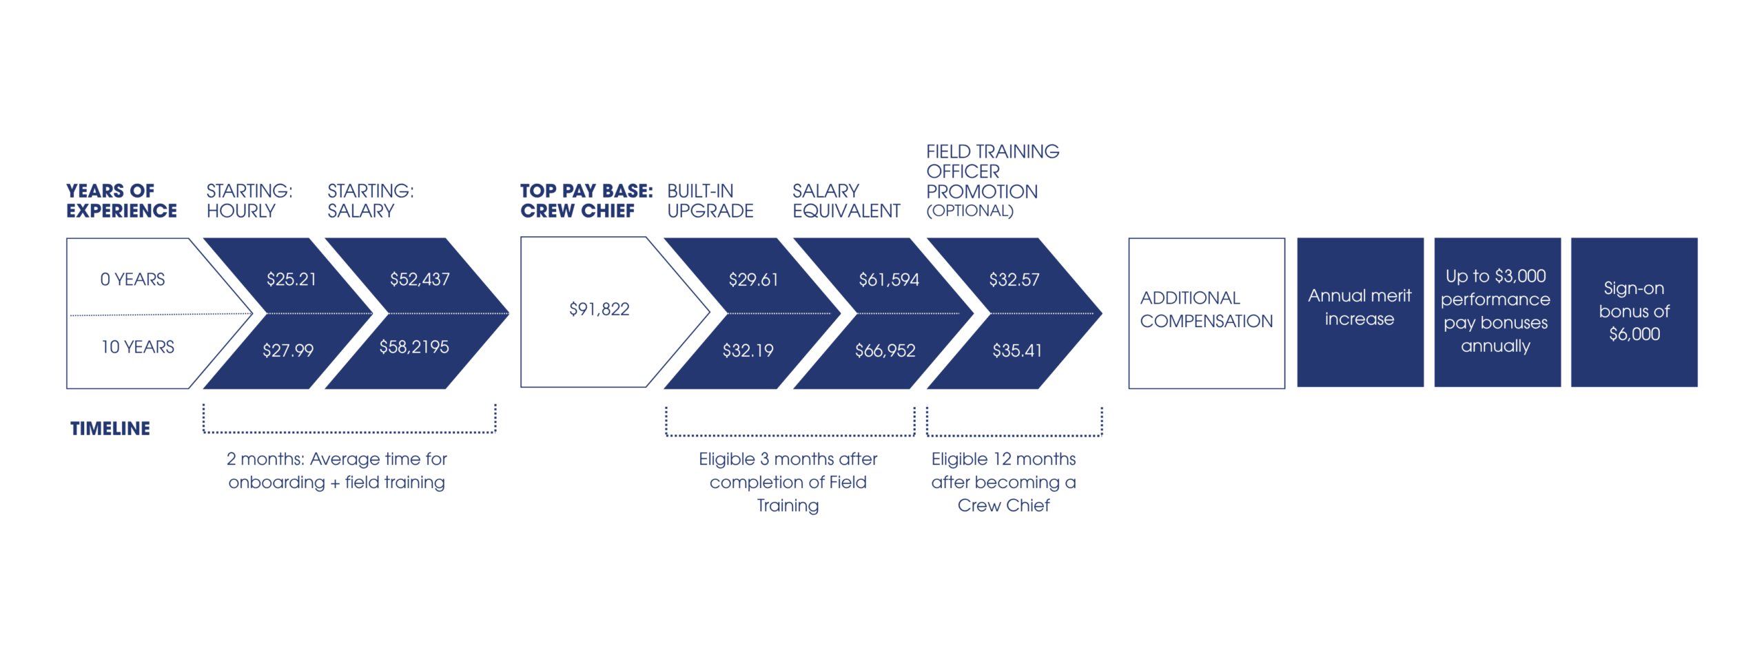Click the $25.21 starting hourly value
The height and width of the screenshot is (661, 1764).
click(291, 279)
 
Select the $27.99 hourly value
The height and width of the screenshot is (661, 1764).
click(288, 350)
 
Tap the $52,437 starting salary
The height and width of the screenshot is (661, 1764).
click(420, 279)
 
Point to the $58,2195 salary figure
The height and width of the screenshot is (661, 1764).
click(414, 346)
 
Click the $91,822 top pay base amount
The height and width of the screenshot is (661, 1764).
click(599, 309)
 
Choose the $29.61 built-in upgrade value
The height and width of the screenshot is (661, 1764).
click(753, 280)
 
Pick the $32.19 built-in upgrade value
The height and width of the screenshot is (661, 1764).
click(748, 350)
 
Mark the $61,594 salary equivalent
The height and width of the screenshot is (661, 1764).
click(889, 280)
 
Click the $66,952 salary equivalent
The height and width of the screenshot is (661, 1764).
click(885, 350)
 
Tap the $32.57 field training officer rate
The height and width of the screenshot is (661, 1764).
click(1014, 280)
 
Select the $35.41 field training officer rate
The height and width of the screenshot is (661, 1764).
click(1017, 350)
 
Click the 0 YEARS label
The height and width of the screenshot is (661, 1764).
click(132, 279)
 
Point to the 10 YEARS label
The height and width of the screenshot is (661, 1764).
click(138, 346)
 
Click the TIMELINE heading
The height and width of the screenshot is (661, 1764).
click(110, 428)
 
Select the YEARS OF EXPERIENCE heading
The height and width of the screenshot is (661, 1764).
click(121, 200)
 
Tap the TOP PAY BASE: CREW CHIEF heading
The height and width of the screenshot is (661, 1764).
click(586, 200)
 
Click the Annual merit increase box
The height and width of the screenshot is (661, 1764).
click(1360, 313)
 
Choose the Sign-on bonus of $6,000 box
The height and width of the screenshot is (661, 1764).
click(1634, 313)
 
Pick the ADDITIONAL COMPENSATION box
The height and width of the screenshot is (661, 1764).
click(1207, 313)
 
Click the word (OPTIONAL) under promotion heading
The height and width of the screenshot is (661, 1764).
click(970, 211)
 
